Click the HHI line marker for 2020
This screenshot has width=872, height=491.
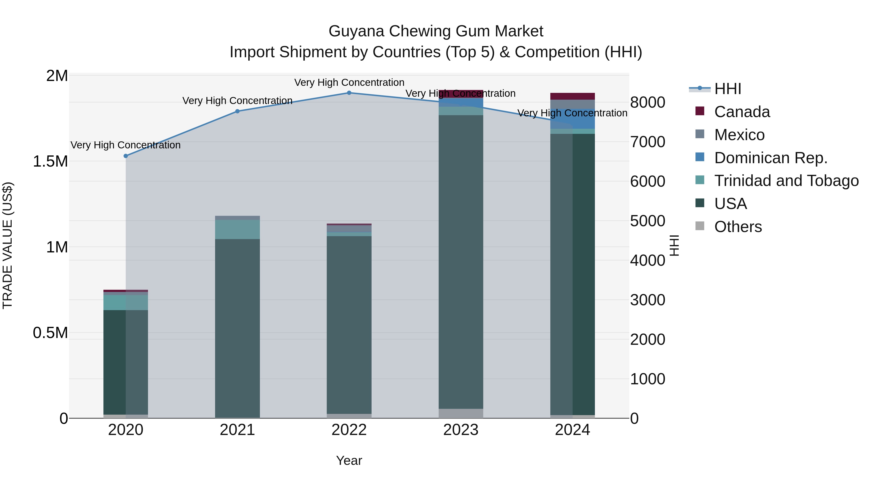click(x=125, y=156)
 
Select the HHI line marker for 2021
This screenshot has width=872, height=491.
click(x=237, y=111)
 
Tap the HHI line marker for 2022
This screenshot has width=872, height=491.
click(x=349, y=93)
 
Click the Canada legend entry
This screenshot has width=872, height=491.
click(x=742, y=112)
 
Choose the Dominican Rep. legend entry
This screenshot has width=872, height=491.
click(x=771, y=158)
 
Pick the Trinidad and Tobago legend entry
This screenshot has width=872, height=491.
click(x=786, y=181)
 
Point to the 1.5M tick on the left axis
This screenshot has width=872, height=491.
click(x=50, y=161)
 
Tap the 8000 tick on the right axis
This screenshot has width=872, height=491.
click(x=647, y=102)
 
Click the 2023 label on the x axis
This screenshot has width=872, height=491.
click(x=461, y=430)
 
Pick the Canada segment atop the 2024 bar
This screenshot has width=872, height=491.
click(x=572, y=96)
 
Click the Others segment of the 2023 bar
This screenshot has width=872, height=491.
click(x=461, y=413)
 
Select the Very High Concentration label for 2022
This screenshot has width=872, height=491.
click(x=349, y=82)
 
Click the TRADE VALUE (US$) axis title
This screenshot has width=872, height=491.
click(x=8, y=245)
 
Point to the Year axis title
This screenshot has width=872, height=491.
click(x=349, y=460)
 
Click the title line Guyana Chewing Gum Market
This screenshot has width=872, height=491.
click(x=436, y=31)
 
